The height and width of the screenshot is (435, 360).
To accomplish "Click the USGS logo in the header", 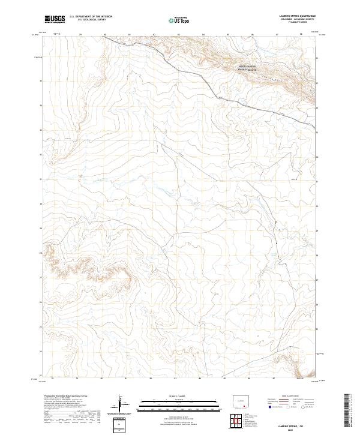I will (55, 19).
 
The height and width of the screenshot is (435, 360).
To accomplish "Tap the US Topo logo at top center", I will (180, 20).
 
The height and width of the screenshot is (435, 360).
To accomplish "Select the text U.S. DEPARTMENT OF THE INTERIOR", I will (91, 17).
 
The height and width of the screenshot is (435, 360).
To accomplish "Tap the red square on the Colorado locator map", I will (246, 406).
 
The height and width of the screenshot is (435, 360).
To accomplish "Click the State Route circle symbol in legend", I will (304, 406).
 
